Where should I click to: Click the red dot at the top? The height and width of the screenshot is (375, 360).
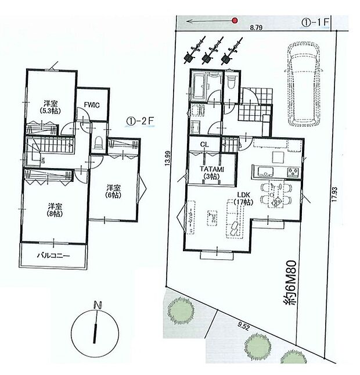click(x=235, y=20)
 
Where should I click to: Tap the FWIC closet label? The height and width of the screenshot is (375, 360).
click(x=92, y=105)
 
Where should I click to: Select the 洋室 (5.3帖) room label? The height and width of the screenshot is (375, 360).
click(x=51, y=108)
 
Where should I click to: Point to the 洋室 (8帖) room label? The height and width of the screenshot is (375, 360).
click(x=55, y=210)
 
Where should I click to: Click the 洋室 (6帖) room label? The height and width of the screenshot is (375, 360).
click(x=113, y=191)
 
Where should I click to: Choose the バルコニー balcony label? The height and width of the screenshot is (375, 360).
click(x=53, y=256)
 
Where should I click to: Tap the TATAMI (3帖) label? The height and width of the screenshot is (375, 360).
click(x=212, y=173)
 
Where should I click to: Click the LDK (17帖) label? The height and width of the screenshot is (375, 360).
click(x=243, y=198)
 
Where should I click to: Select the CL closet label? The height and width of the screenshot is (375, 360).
click(x=204, y=144)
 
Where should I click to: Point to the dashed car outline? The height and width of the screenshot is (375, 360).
click(x=303, y=84)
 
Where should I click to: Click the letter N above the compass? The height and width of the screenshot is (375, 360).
click(x=98, y=305)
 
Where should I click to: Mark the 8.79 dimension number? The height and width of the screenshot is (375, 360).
click(x=256, y=28)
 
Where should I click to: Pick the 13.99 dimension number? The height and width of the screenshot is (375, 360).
click(x=167, y=158)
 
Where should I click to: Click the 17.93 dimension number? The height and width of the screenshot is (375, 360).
click(x=334, y=194)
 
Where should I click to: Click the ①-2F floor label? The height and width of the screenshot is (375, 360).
click(x=141, y=122)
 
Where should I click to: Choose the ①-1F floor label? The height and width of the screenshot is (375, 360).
click(x=316, y=22)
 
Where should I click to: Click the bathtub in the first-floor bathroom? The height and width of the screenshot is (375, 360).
click(x=199, y=87)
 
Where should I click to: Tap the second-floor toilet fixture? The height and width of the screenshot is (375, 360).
click(x=98, y=143)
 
